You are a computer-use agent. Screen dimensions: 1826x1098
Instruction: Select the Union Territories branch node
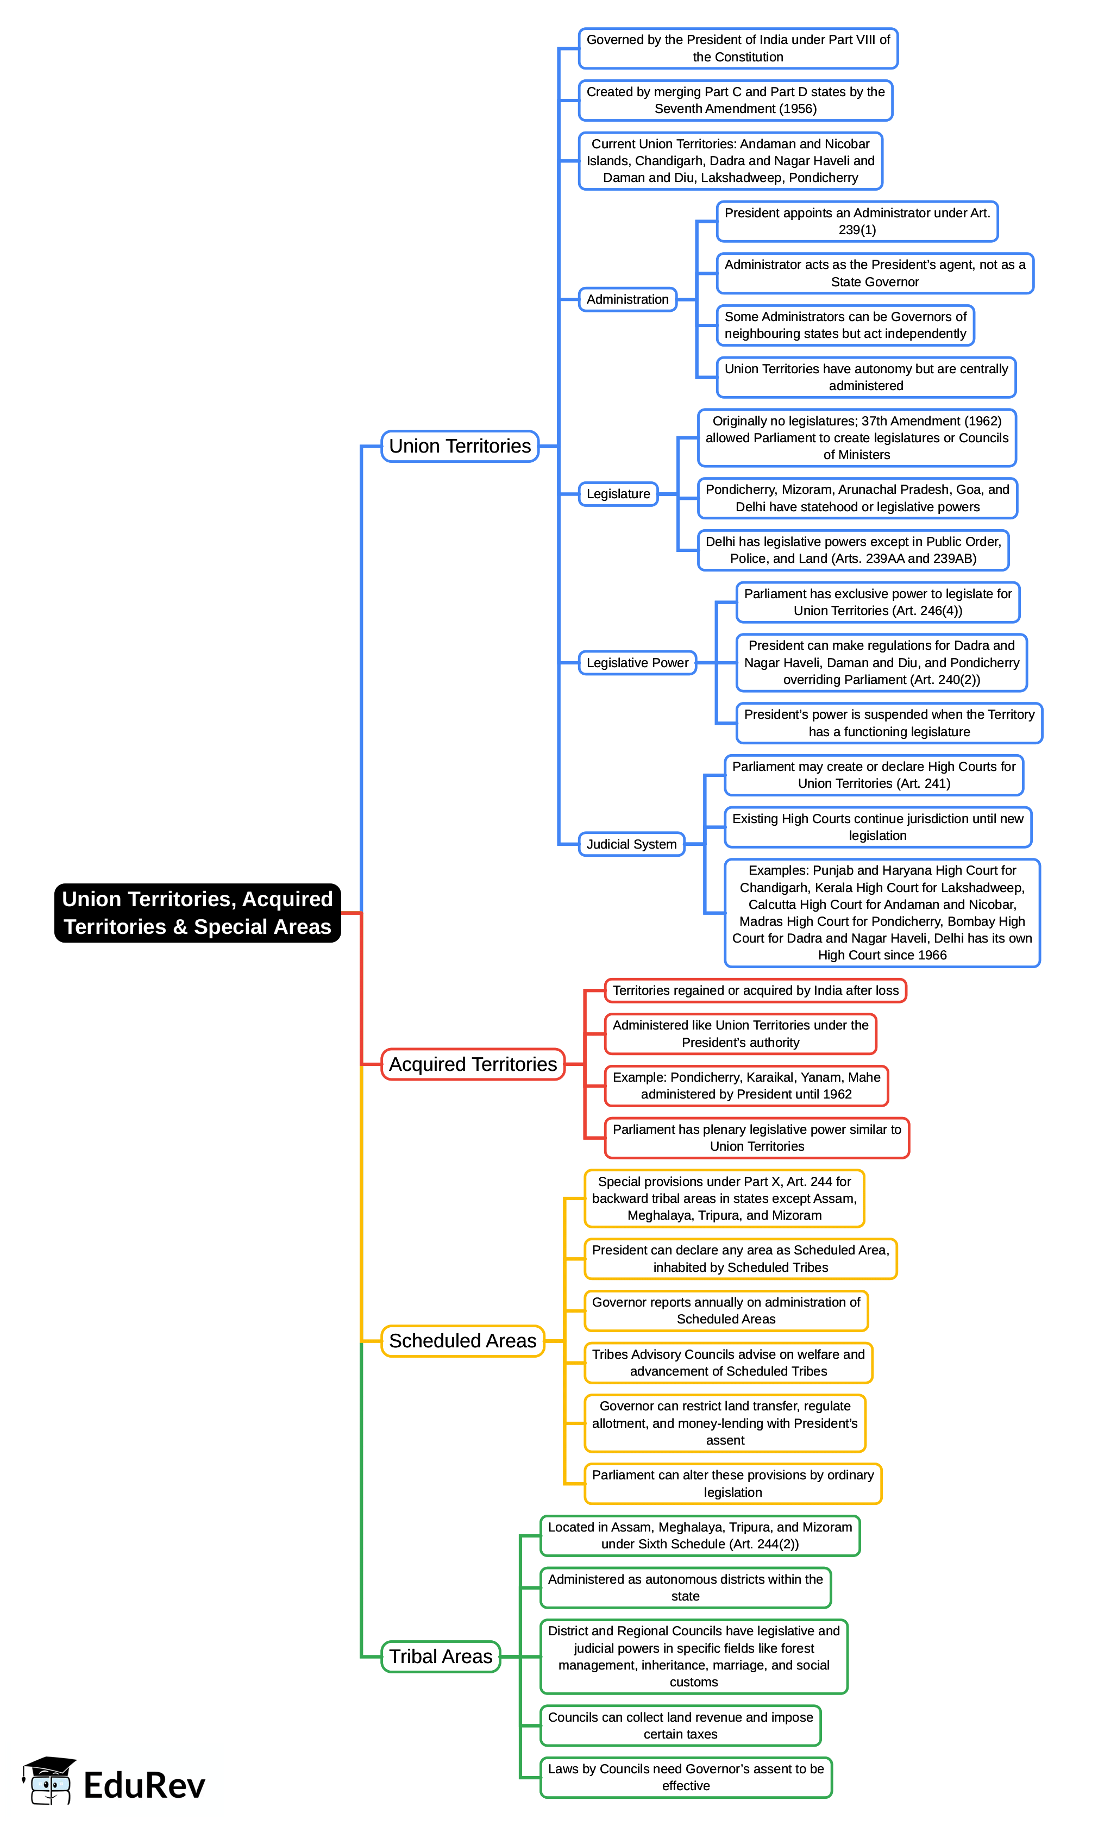(460, 446)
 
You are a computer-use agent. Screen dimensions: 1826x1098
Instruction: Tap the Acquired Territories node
(473, 1064)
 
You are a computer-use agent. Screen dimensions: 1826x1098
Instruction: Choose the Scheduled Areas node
(462, 1341)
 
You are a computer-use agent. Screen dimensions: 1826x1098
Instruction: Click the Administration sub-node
(628, 299)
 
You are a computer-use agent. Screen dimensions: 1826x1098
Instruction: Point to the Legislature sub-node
(618, 493)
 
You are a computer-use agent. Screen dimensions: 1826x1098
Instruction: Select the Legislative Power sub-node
(637, 663)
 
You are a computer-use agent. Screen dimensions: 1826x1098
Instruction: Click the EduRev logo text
(145, 1785)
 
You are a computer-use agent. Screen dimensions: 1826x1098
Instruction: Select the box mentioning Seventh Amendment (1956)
(736, 101)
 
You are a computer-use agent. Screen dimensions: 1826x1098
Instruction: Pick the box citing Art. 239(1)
(857, 221)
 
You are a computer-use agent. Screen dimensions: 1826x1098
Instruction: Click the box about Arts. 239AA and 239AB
(853, 550)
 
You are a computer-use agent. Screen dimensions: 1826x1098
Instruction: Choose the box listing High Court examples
(882, 912)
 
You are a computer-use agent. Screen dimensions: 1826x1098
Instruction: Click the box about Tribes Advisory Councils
(728, 1363)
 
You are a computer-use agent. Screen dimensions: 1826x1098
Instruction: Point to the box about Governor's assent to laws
(686, 1777)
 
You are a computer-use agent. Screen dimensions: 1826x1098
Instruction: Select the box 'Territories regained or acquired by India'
(755, 990)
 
